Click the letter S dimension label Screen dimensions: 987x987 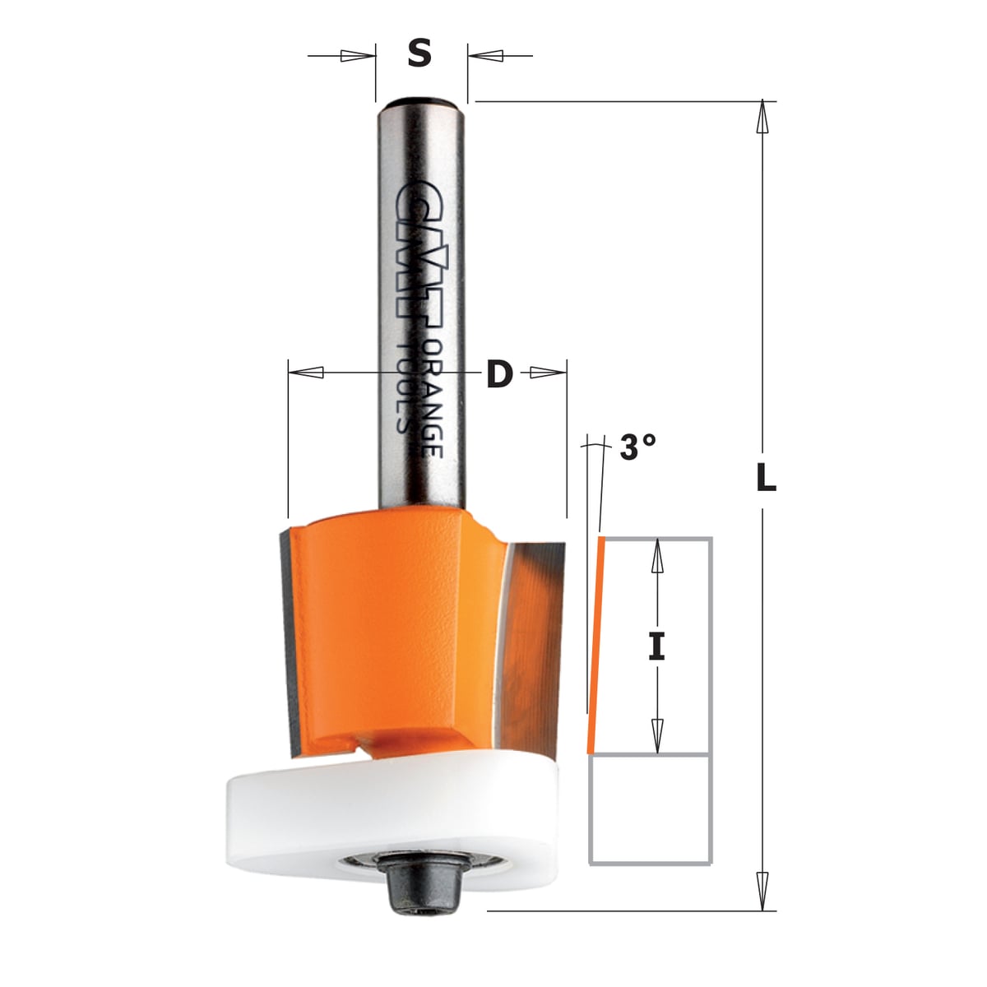pos(419,54)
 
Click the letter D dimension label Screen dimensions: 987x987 pos(499,373)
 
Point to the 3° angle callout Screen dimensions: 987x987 pos(637,447)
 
